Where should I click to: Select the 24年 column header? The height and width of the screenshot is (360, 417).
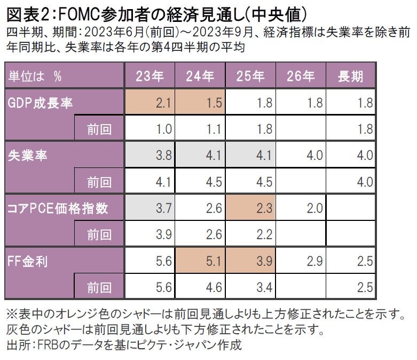coord(200,76)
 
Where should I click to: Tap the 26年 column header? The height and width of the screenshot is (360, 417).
coord(301,76)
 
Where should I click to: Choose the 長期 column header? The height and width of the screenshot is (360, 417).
coord(351,76)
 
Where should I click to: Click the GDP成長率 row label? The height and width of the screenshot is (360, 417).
coord(41,103)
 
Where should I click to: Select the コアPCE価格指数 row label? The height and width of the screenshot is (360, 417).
coord(58,208)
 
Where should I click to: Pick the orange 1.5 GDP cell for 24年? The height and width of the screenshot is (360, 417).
coord(200,103)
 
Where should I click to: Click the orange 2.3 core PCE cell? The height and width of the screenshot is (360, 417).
coord(250,208)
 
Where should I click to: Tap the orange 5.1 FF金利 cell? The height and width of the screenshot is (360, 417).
coord(200,261)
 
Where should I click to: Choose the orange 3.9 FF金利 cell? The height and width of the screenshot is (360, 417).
coord(250,261)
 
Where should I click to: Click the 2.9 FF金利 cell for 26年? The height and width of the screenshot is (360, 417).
coord(301,261)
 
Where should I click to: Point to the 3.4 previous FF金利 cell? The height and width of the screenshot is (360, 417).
coord(250,287)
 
